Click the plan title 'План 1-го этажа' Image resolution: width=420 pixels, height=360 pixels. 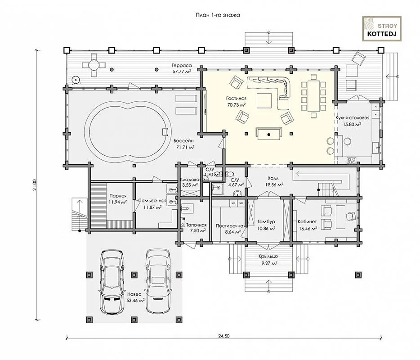tap(218, 15)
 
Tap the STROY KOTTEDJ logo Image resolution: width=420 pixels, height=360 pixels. tap(382, 29)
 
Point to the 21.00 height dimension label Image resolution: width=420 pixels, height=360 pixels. tap(34, 185)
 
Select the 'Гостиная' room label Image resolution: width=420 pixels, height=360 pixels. tap(236, 99)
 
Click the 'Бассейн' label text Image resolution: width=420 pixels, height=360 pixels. tap(183, 141)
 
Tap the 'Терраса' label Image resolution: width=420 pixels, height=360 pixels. tap(182, 65)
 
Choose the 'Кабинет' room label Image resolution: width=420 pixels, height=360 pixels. tap(307, 222)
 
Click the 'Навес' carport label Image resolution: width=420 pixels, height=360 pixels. tap(134, 294)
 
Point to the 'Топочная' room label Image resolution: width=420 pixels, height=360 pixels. tap(197, 225)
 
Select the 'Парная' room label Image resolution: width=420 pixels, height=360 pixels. tap(118, 196)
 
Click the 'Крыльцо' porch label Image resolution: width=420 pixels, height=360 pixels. tap(268, 256)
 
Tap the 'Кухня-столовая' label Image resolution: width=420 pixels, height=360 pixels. tap(353, 118)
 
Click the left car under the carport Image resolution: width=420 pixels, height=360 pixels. tap(112, 282)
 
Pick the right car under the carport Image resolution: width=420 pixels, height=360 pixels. tap(157, 281)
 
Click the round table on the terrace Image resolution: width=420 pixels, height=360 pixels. tap(94, 65)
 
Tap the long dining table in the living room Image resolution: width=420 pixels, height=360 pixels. tap(313, 96)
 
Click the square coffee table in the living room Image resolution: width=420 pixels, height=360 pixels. tap(264, 100)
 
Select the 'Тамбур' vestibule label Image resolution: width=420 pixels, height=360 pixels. tap(266, 222)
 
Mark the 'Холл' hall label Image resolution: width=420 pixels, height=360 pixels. tap(273, 178)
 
